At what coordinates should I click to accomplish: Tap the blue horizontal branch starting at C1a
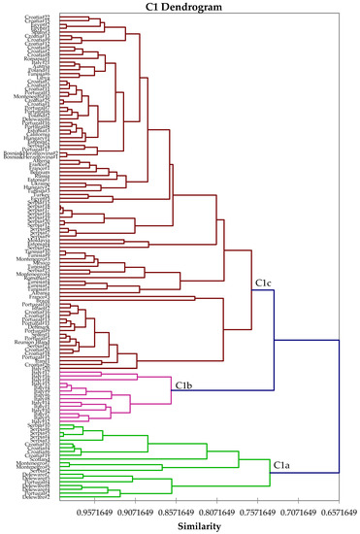(x=304, y=473)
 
